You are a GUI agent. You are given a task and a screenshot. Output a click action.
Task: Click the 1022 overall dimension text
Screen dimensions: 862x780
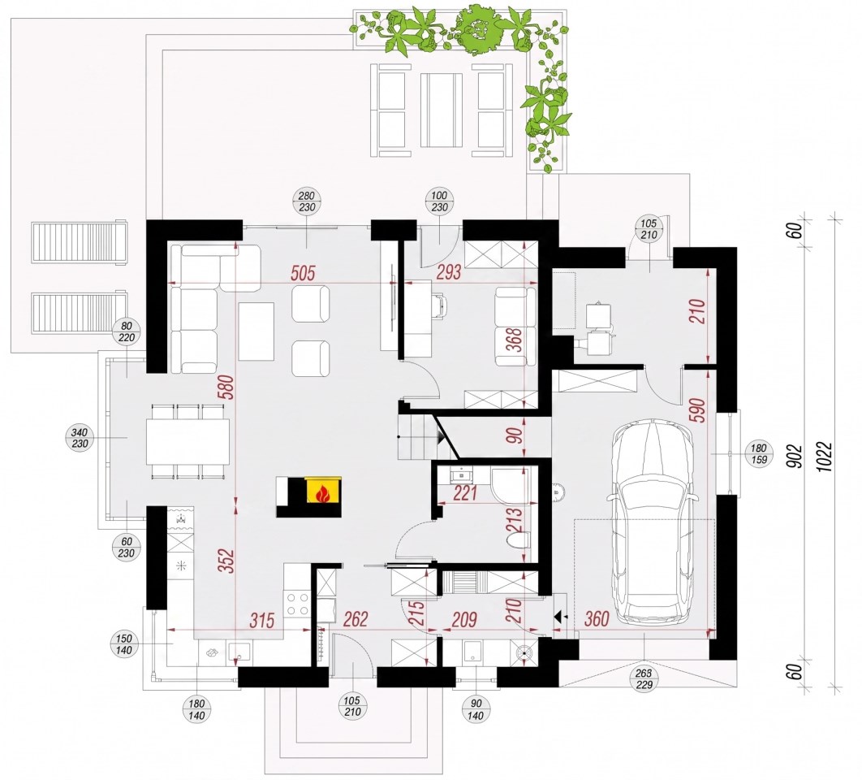(825, 450)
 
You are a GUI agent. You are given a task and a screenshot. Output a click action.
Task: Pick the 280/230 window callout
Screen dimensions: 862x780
(307, 202)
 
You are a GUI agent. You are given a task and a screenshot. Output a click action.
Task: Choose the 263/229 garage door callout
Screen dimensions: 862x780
(644, 678)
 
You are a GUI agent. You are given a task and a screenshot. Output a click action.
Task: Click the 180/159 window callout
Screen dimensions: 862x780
(759, 454)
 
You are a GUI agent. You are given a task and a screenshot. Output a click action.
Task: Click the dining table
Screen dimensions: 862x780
(188, 441)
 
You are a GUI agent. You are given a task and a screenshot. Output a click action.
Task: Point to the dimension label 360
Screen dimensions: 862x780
(596, 618)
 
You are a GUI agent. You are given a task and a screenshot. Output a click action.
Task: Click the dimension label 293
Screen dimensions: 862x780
(449, 272)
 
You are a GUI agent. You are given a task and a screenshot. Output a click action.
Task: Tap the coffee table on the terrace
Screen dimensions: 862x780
(441, 110)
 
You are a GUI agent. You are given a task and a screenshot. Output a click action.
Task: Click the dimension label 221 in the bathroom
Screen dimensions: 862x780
(465, 493)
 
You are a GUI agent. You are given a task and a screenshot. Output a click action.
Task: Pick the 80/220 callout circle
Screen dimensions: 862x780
(127, 332)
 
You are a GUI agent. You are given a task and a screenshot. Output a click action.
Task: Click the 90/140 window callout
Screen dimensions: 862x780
(476, 710)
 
